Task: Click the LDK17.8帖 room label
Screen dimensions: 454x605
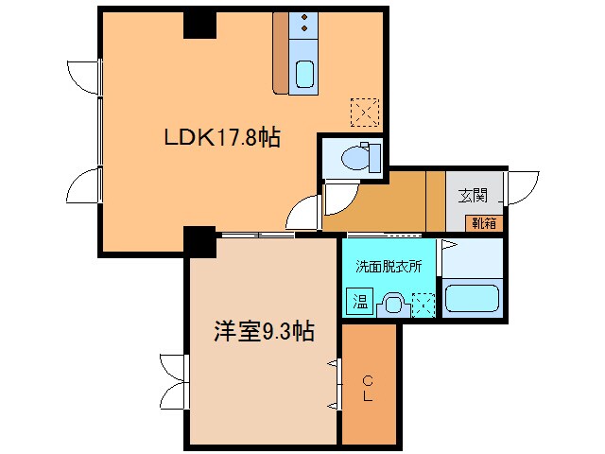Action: click(x=222, y=138)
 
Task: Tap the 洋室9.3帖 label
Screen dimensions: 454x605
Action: click(x=263, y=332)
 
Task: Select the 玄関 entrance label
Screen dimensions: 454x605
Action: click(x=474, y=196)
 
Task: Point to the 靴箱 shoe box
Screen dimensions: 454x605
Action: click(x=485, y=223)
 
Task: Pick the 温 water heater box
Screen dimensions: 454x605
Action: click(x=360, y=303)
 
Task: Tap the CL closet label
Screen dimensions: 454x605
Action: click(x=369, y=389)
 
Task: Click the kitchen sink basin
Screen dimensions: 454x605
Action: click(x=304, y=73)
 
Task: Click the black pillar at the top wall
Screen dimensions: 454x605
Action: click(x=199, y=24)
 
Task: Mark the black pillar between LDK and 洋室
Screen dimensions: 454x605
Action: click(x=199, y=242)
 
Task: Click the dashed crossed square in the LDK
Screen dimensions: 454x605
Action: click(x=364, y=113)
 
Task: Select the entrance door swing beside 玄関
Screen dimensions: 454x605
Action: click(x=523, y=186)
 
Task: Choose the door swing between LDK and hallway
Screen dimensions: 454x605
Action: click(x=305, y=210)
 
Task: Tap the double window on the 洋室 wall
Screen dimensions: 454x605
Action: click(x=174, y=380)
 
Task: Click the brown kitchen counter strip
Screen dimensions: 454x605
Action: click(x=280, y=54)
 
